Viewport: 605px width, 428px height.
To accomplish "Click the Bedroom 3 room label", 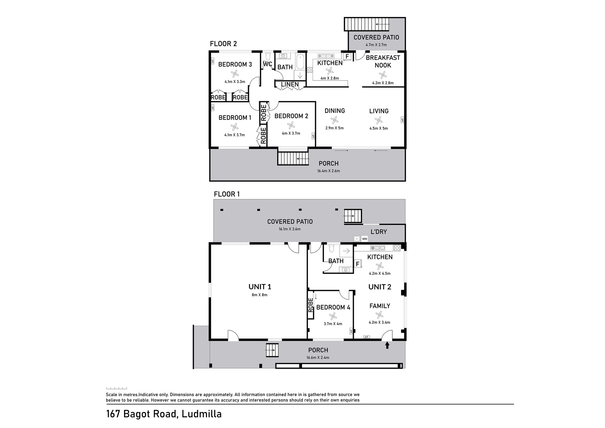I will (x=235, y=64).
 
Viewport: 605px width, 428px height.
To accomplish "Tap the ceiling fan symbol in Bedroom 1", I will (x=234, y=127).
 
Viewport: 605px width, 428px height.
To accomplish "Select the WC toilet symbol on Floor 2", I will (x=268, y=57).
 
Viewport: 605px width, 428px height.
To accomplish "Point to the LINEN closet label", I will (x=290, y=84).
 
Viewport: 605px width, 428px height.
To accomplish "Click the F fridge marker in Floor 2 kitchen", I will (x=347, y=56).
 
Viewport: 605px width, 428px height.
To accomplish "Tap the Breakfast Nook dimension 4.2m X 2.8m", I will (x=383, y=83).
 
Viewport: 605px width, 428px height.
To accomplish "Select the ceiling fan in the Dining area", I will (x=335, y=120).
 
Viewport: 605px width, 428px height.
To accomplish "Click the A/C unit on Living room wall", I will (x=402, y=120).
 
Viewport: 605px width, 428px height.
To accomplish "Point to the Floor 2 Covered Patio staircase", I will (x=367, y=24).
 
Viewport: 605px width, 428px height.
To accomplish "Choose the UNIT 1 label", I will (x=260, y=286).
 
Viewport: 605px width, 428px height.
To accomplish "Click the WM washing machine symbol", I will (x=365, y=239).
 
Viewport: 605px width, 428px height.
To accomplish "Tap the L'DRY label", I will (x=378, y=232).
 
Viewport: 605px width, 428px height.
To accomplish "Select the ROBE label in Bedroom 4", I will (x=311, y=305).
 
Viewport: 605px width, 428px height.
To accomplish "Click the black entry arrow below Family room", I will (x=387, y=345).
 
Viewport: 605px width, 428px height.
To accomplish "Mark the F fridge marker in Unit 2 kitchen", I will (x=358, y=264).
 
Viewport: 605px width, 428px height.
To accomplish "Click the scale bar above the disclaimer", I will (x=117, y=388).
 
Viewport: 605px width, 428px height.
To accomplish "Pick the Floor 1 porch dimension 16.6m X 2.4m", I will (x=318, y=357).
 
